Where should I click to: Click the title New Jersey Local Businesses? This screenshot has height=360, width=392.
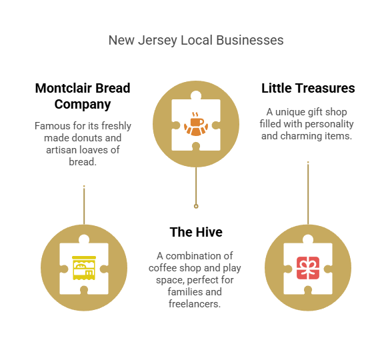pyautogui.click(x=196, y=40)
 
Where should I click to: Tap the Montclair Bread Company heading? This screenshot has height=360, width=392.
pyautogui.click(x=83, y=96)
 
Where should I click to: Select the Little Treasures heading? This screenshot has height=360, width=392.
pyautogui.click(x=308, y=88)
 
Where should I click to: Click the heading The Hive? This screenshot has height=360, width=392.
pyautogui.click(x=196, y=232)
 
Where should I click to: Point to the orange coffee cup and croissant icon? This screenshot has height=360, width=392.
pyautogui.click(x=196, y=124)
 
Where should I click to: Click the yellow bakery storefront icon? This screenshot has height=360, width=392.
pyautogui.click(x=84, y=268)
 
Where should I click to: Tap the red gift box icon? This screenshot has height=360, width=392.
pyautogui.click(x=308, y=268)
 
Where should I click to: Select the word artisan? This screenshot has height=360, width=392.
pyautogui.click(x=62, y=150)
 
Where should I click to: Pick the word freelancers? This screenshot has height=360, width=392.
pyautogui.click(x=195, y=304)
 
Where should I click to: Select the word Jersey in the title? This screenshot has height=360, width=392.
pyautogui.click(x=157, y=41)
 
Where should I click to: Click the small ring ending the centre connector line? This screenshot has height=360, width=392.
pyautogui.click(x=196, y=206)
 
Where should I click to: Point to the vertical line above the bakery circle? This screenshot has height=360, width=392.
pyautogui.click(x=84, y=205)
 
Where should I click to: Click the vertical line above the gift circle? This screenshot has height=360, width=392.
pyautogui.click(x=308, y=193)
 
